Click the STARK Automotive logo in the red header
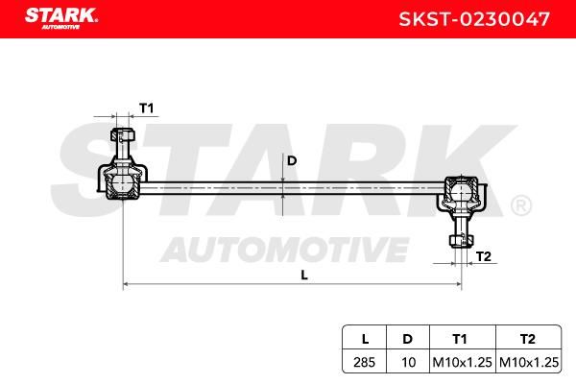pyautogui.click(x=61, y=18)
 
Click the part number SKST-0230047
pyautogui.click(x=474, y=19)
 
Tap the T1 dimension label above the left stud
pyautogui.click(x=146, y=108)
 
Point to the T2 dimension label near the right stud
pyautogui.click(x=484, y=256)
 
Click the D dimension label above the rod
pyautogui.click(x=292, y=160)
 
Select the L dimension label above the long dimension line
pyautogui.click(x=304, y=275)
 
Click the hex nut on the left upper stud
pyautogui.click(x=123, y=134)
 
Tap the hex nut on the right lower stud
pyautogui.click(x=461, y=240)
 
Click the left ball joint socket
pyautogui.click(x=122, y=182)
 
